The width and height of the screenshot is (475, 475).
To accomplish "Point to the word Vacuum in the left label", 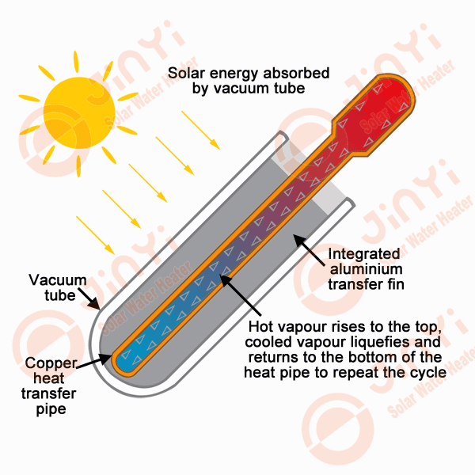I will (51, 280).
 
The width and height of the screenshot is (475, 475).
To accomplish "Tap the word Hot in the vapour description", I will (261, 327).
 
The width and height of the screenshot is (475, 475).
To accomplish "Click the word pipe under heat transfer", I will (50, 409).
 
